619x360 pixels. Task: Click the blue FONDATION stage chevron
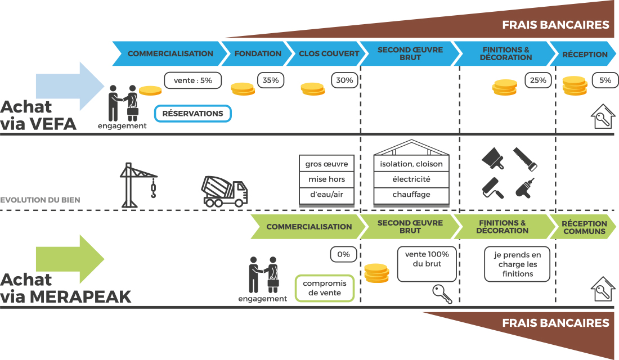(x=258, y=54)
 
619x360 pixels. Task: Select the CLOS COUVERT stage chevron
(x=329, y=54)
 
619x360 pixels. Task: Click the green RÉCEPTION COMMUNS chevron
(x=584, y=227)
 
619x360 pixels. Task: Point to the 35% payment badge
(x=271, y=80)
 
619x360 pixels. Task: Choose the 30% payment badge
(x=344, y=80)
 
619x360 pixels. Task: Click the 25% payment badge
(x=538, y=80)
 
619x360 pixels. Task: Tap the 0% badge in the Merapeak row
(x=343, y=254)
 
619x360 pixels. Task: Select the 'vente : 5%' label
(x=193, y=80)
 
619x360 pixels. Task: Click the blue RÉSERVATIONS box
(x=192, y=114)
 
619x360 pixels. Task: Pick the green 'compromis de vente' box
(x=325, y=288)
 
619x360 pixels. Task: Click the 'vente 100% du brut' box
(x=427, y=264)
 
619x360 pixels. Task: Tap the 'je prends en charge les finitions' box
(x=517, y=264)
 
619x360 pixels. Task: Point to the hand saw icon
(x=526, y=159)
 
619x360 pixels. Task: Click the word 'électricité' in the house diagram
(x=411, y=179)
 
